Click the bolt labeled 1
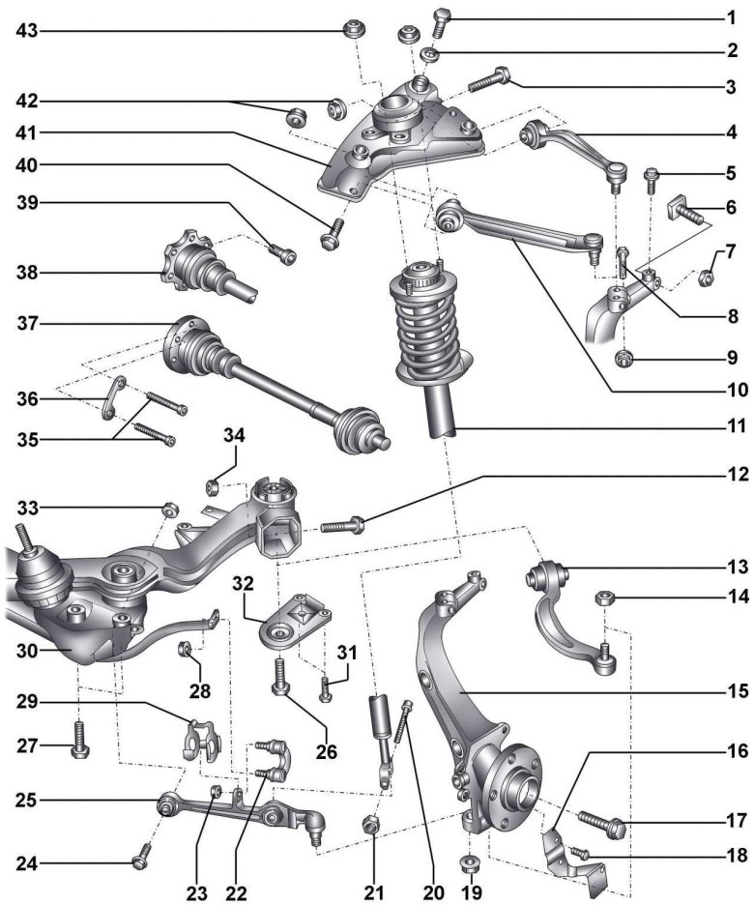(440, 19)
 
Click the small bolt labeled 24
(143, 852)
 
